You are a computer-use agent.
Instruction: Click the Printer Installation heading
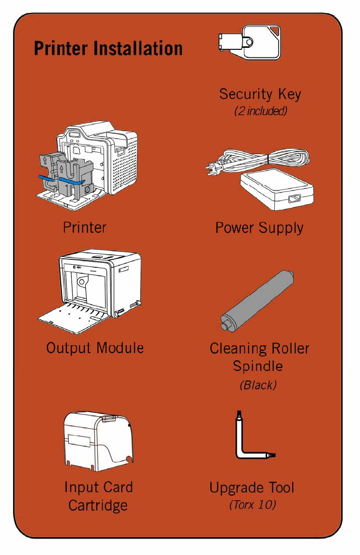[108, 49]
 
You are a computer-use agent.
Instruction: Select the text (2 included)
[260, 111]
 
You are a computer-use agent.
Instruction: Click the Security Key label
[260, 94]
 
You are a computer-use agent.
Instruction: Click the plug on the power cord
[213, 170]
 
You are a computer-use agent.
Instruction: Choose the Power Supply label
[259, 228]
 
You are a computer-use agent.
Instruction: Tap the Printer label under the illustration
[85, 228]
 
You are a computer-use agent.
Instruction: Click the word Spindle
[258, 367]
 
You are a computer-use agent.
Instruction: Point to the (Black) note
[258, 385]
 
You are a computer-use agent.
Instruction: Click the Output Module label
[95, 348]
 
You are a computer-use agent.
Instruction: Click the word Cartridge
[98, 505]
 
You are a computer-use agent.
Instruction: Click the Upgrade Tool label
[252, 487]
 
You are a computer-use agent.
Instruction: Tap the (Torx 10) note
[252, 505]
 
